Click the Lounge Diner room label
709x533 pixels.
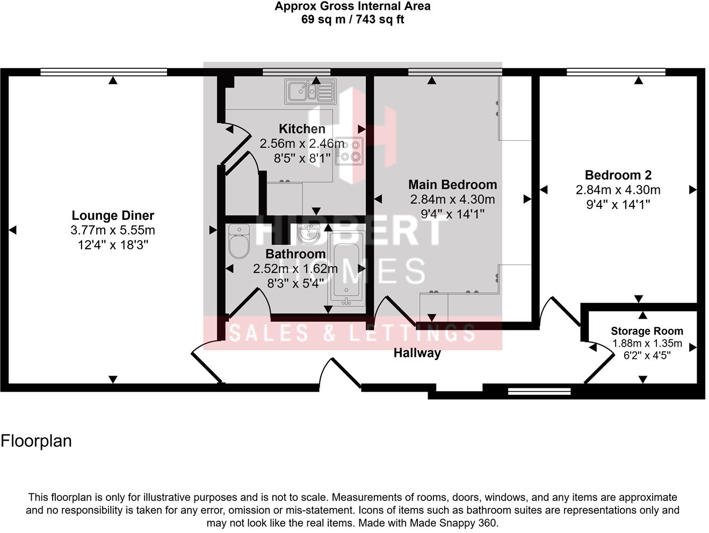113,215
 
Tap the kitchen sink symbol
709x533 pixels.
310,91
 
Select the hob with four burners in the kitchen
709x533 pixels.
350,152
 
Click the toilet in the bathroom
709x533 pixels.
239,242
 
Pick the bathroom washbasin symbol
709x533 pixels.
308,234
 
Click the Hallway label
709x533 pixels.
417,353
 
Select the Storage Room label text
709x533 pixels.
647,331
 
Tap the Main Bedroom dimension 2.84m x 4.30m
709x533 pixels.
452,199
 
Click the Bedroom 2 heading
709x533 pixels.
618,175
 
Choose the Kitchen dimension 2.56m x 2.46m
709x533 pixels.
302,143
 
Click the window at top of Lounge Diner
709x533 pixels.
104,72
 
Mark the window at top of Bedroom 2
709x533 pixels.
616,72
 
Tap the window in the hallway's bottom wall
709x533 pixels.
539,391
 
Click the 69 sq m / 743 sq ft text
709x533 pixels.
352,20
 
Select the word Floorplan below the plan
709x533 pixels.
36,441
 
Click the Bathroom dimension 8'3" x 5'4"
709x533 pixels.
295,283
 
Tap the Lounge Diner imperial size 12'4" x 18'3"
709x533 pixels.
113,245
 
